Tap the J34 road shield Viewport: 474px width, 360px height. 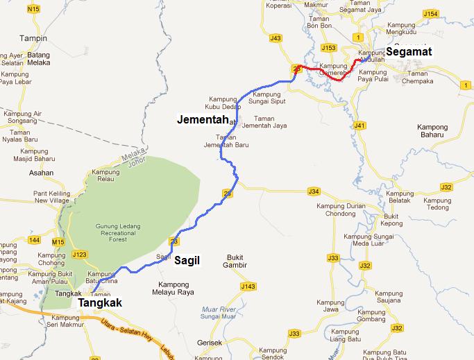(x=314, y=191)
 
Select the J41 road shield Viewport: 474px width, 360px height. (x=359, y=126)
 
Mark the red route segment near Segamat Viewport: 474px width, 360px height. (x=326, y=72)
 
